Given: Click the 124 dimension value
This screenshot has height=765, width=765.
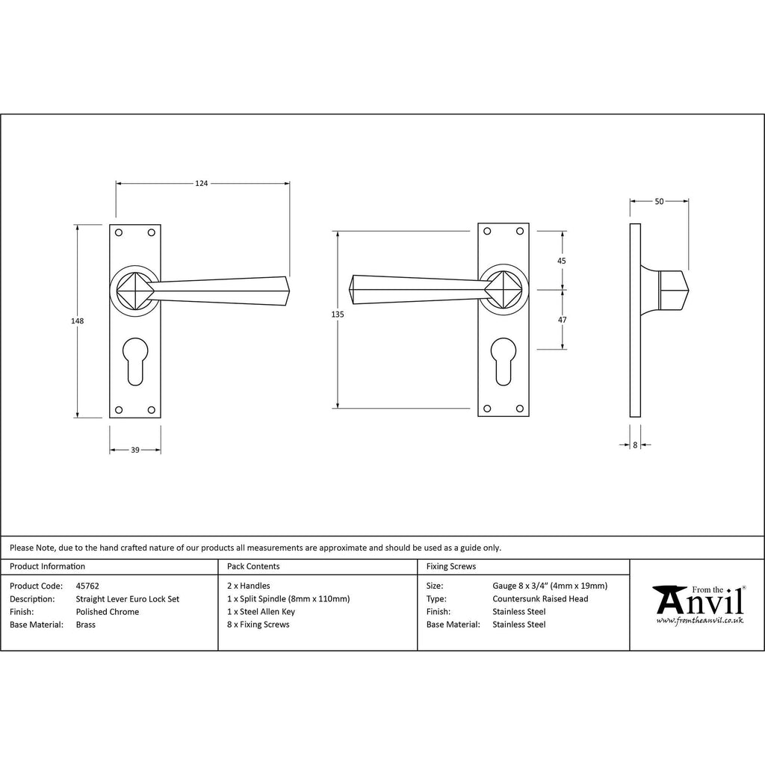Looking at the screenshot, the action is pos(202,184).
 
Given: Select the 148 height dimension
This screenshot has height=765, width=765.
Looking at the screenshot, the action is pos(78,320).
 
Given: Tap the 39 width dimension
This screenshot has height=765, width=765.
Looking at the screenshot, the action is pos(135,450).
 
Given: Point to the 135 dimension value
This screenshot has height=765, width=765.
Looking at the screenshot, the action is pos(338,315).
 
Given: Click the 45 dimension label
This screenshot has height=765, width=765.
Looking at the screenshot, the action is pos(562,261).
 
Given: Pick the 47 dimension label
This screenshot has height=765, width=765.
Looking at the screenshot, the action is pos(562,320).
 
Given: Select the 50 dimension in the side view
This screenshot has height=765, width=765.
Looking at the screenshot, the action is pos(659,201).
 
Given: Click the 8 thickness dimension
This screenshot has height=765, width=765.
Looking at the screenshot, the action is pos(635,445).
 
